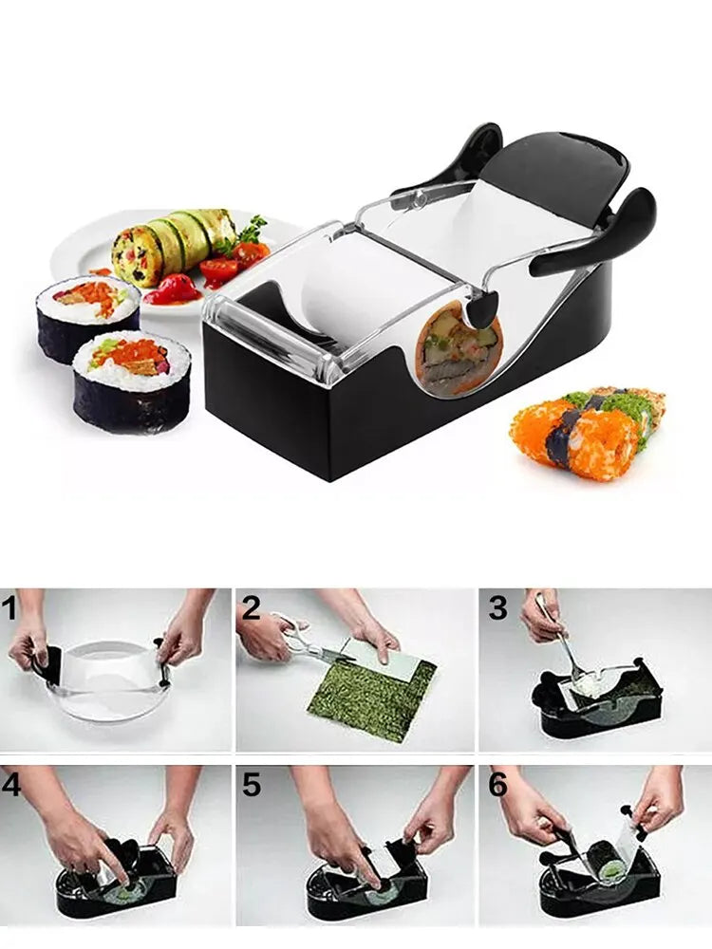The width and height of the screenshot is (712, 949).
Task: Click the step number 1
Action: (x=11, y=608)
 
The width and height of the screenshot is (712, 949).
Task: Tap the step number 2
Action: (x=251, y=608)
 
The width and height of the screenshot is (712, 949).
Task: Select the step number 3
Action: (x=497, y=608)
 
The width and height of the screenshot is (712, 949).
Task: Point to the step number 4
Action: (x=12, y=786)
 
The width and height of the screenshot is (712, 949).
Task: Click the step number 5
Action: (x=251, y=786)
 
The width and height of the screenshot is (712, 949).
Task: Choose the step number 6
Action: (x=497, y=786)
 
